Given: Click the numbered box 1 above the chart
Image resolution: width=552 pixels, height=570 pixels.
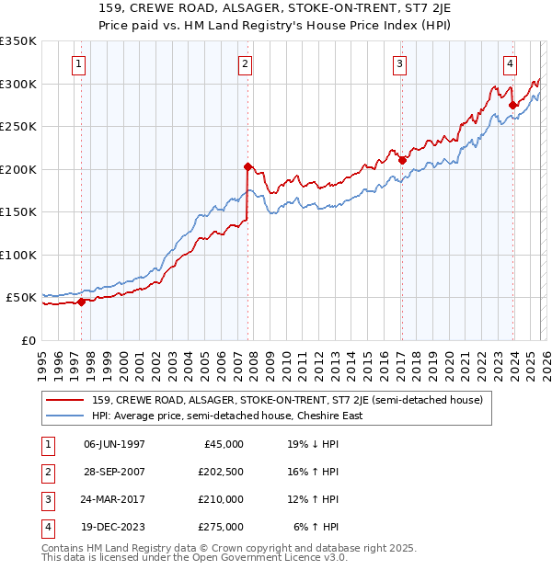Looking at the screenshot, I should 78,64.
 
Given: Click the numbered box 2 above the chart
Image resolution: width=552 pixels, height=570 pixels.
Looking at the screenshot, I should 246,64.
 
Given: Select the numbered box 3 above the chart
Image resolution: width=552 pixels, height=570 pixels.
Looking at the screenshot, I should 400,64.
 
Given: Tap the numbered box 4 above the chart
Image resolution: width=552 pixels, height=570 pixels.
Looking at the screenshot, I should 510,64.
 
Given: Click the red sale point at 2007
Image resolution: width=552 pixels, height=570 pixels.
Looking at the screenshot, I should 247,167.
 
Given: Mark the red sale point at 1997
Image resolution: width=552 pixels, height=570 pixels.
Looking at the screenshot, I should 81,302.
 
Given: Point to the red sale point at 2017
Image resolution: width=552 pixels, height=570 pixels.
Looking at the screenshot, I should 402,161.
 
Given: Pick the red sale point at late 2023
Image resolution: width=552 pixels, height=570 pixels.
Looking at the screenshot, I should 512,105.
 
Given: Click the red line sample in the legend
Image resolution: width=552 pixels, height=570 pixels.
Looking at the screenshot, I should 66,400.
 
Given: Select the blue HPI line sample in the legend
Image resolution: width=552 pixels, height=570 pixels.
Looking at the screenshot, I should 66,416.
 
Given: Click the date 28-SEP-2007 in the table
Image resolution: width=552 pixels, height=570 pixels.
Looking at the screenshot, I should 114,473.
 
